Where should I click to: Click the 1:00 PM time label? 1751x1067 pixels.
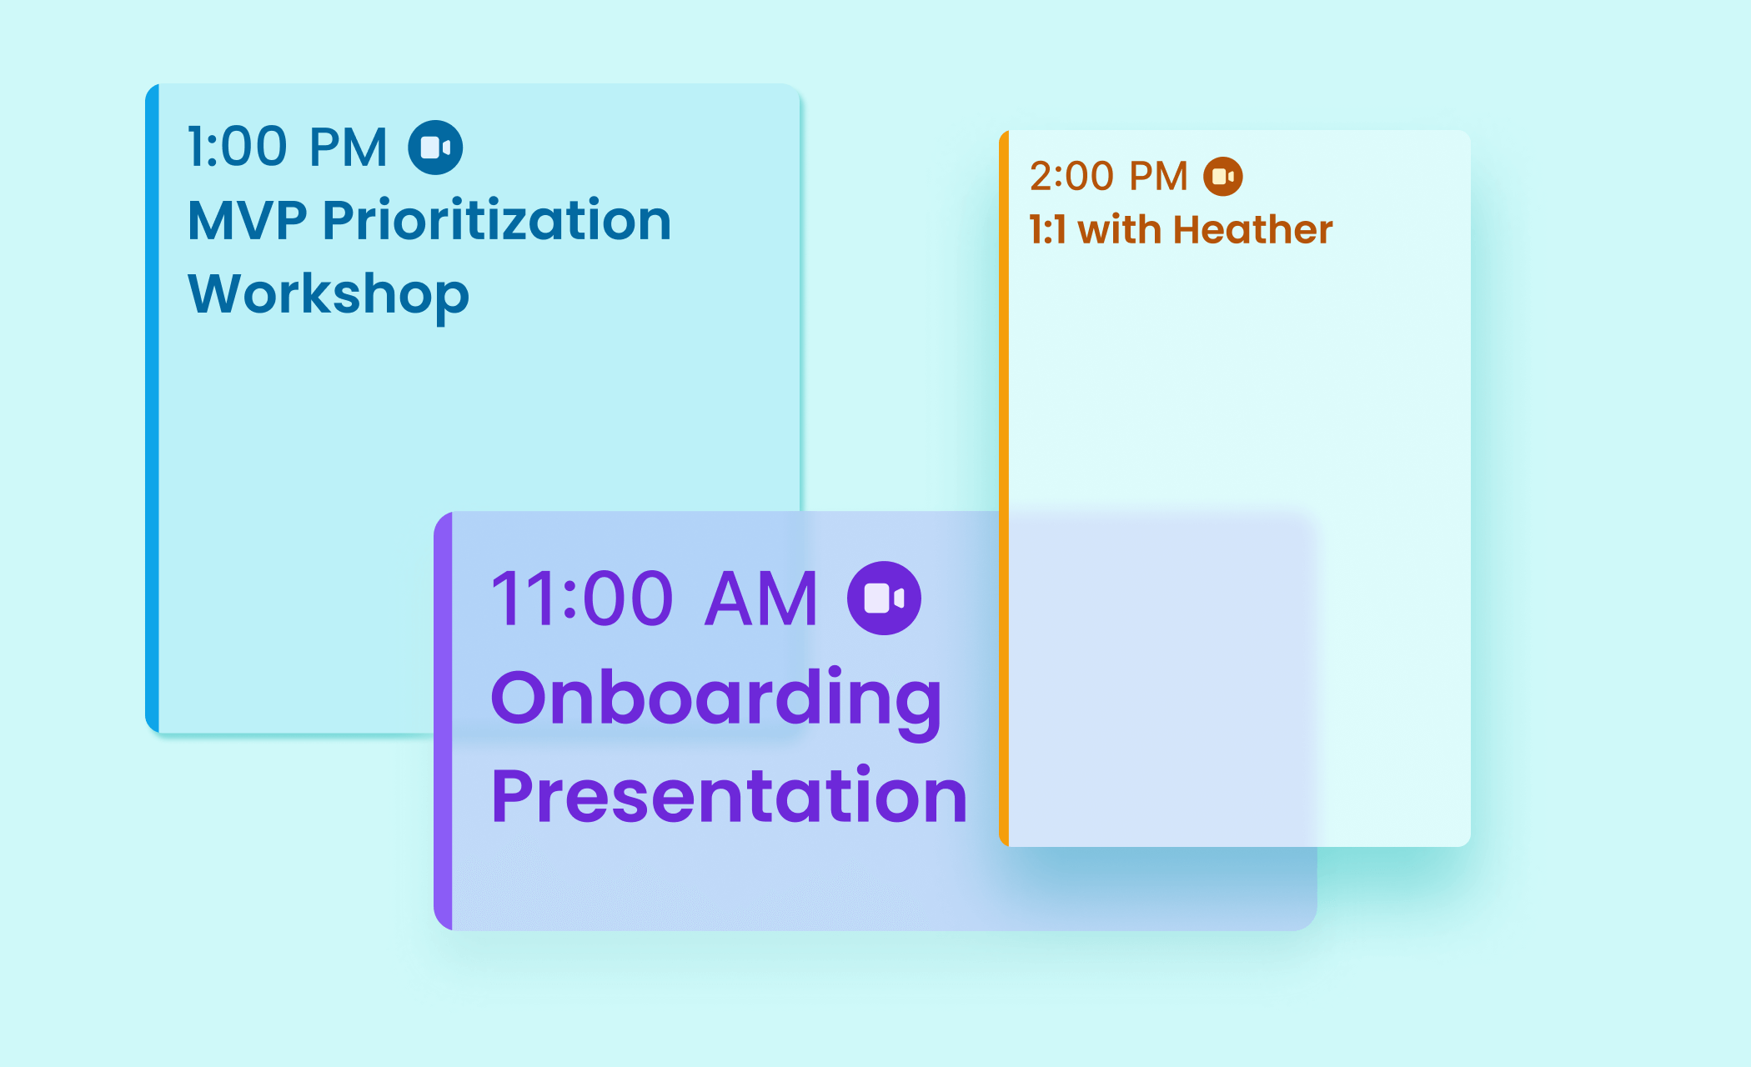(x=288, y=148)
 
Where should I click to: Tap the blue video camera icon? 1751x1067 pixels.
(x=435, y=148)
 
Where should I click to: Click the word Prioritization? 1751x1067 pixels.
(x=497, y=220)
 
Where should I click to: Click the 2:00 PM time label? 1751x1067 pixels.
(x=1109, y=177)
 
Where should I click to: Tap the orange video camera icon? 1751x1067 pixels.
(x=1223, y=177)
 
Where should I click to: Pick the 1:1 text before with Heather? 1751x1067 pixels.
(x=1048, y=230)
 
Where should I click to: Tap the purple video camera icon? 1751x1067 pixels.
(x=884, y=598)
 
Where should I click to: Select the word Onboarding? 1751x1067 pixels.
(x=716, y=701)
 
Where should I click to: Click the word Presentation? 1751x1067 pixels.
(x=729, y=796)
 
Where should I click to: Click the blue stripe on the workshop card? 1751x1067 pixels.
(x=152, y=408)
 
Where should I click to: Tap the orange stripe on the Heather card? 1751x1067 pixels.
(x=1004, y=488)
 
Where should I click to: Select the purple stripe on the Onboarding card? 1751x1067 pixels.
(x=443, y=721)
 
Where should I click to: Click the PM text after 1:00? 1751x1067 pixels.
(x=349, y=148)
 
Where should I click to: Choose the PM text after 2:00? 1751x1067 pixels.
(x=1158, y=177)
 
